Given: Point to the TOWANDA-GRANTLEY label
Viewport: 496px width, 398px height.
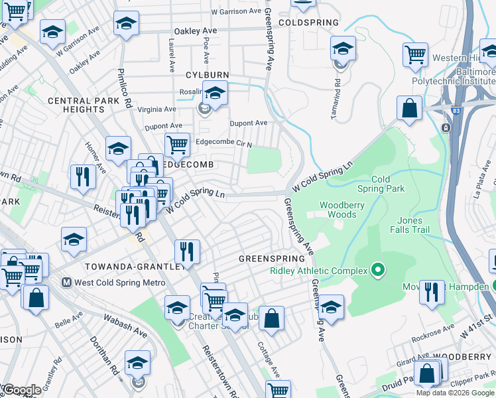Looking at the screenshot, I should coord(135,266).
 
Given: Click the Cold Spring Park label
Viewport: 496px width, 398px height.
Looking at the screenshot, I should coord(381,184).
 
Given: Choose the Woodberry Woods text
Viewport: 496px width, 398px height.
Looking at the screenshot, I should coord(342,210).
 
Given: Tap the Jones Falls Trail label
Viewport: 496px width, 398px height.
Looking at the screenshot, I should coord(418,225).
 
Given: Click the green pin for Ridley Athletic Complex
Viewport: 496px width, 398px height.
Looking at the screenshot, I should coord(378,270).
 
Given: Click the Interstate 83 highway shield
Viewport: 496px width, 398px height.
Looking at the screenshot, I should coord(447,127).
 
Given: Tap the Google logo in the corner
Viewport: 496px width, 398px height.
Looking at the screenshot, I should coord(22,389).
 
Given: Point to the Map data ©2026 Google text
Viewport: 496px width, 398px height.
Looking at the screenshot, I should coord(455,393).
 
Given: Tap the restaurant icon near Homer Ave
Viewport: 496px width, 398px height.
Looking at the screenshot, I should coord(83,176).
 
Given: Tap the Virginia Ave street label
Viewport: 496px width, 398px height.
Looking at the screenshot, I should coord(156,109).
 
